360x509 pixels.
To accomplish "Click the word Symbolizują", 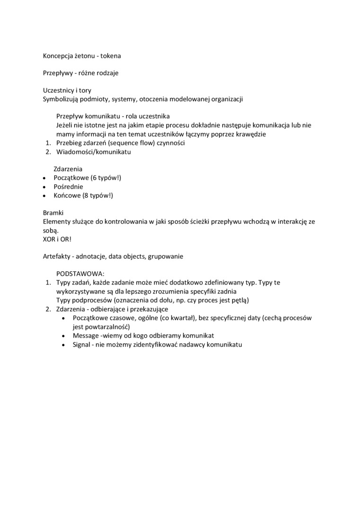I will pos(61,99).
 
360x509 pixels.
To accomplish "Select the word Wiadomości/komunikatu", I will pos(93,152).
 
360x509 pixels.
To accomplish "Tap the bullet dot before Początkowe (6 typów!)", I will pos(44,178).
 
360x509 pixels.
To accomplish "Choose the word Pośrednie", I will pos(69,187).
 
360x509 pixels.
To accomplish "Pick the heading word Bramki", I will pos(53,213).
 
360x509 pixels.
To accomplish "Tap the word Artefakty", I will pos(56,256).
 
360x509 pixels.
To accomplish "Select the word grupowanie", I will pos(165,256).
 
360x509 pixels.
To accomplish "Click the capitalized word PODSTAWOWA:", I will pos(80,274).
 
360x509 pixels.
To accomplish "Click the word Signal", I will pos(81,344).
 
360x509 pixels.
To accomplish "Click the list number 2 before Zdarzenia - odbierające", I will pos(47,309).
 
